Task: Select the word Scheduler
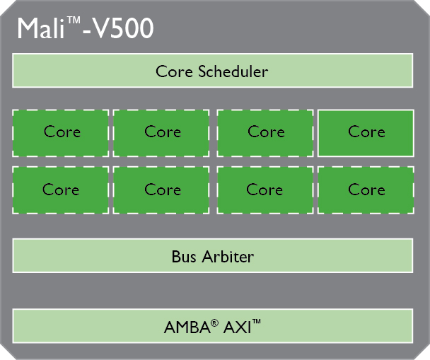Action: pos(234,71)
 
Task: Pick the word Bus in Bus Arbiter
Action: pos(184,256)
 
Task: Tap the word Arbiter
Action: pos(228,256)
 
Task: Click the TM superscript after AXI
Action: pos(257,323)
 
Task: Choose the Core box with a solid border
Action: pos(366,132)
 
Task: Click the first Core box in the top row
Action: pos(61,132)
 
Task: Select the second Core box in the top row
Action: pos(162,132)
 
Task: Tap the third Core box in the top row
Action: pos(265,132)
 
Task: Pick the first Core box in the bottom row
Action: pos(61,190)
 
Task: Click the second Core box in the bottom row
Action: pos(162,190)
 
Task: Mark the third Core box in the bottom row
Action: pos(265,190)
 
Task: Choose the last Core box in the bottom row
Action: pos(366,190)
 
